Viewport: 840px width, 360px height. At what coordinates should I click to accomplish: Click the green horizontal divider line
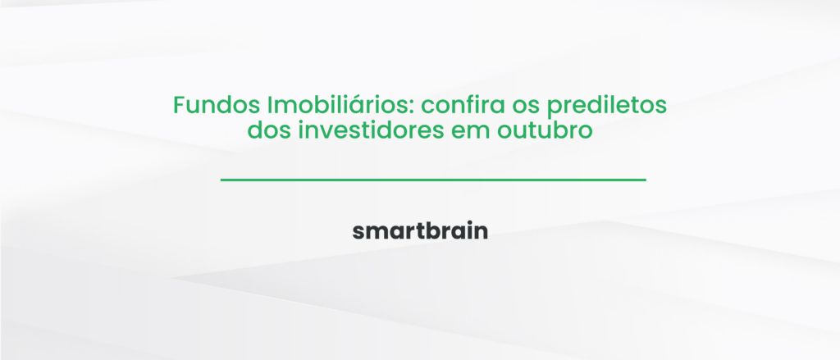(433, 179)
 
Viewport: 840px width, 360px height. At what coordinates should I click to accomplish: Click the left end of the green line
(223, 179)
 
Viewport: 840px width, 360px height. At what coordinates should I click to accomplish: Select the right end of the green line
(644, 179)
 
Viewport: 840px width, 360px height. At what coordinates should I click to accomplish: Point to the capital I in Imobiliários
(271, 107)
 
